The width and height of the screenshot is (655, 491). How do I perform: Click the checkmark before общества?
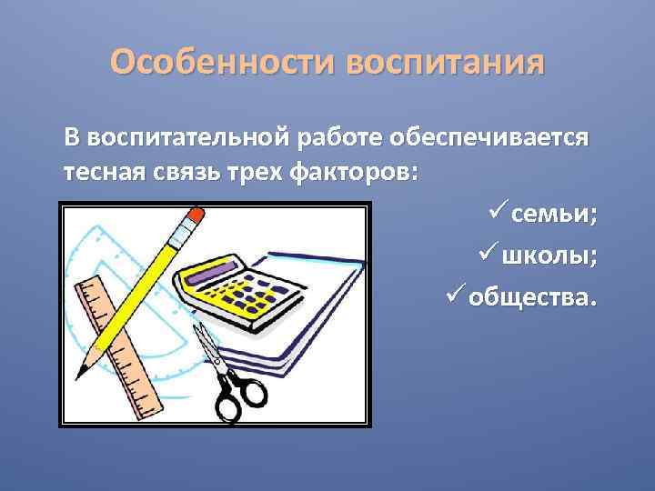pos(457,296)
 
